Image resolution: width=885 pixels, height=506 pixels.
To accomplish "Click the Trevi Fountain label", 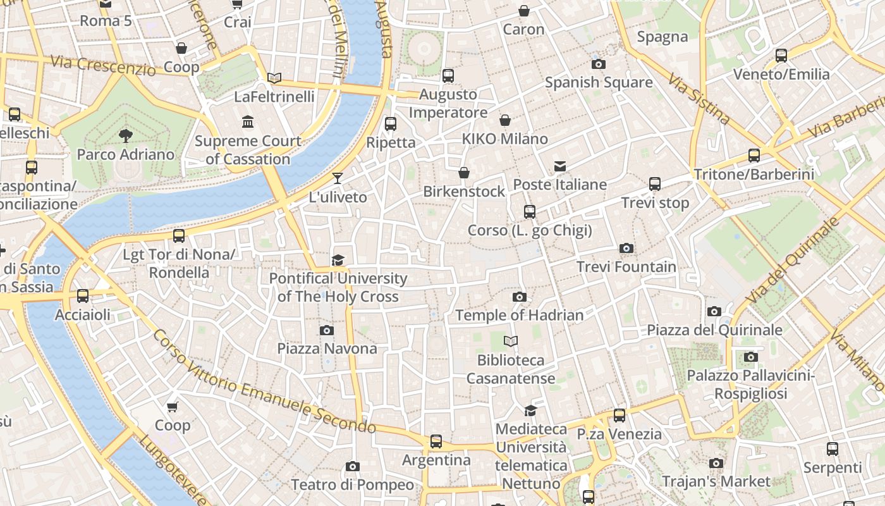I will click(x=626, y=267).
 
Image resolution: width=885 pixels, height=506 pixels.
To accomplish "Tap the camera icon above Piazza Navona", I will click(x=327, y=330).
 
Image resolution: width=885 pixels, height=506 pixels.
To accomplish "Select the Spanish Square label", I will click(x=598, y=82).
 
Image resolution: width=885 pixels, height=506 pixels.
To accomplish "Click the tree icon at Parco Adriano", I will click(x=125, y=135).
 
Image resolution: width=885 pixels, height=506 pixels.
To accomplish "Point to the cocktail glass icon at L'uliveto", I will click(x=338, y=178).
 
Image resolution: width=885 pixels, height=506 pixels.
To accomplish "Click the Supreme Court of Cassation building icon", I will click(x=248, y=121).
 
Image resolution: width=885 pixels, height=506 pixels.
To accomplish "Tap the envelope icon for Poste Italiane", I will click(x=560, y=166).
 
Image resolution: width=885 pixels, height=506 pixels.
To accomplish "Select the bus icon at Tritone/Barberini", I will click(x=754, y=155).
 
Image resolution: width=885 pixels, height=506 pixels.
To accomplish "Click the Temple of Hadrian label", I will click(x=519, y=315).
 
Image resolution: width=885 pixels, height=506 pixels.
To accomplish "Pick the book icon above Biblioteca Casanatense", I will click(x=511, y=342).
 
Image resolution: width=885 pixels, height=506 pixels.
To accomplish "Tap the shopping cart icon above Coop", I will click(x=173, y=406).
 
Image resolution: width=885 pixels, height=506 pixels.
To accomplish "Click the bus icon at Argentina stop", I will click(x=436, y=441).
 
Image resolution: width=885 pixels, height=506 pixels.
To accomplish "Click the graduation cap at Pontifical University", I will click(x=338, y=260).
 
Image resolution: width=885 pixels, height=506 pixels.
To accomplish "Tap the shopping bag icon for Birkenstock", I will click(x=464, y=173).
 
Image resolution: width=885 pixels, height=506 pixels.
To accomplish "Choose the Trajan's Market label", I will click(x=716, y=481).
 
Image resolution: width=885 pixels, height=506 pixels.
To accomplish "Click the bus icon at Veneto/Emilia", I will click(x=781, y=55).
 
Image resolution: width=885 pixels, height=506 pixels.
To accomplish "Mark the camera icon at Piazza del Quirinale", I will click(x=714, y=311).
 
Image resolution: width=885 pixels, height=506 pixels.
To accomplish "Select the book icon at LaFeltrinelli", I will click(x=274, y=78).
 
